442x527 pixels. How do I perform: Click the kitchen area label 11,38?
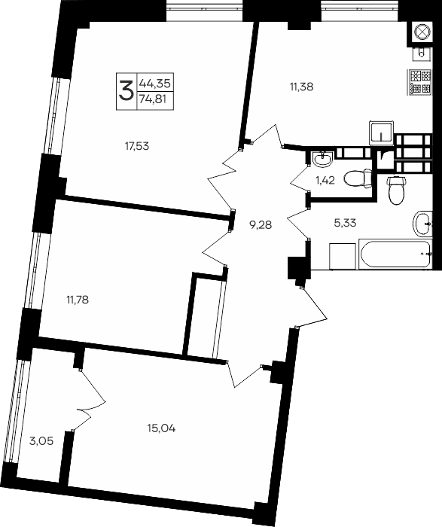click(x=300, y=87)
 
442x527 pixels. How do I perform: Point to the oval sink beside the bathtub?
click(x=422, y=222)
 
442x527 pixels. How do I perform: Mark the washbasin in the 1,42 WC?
click(x=323, y=160)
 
